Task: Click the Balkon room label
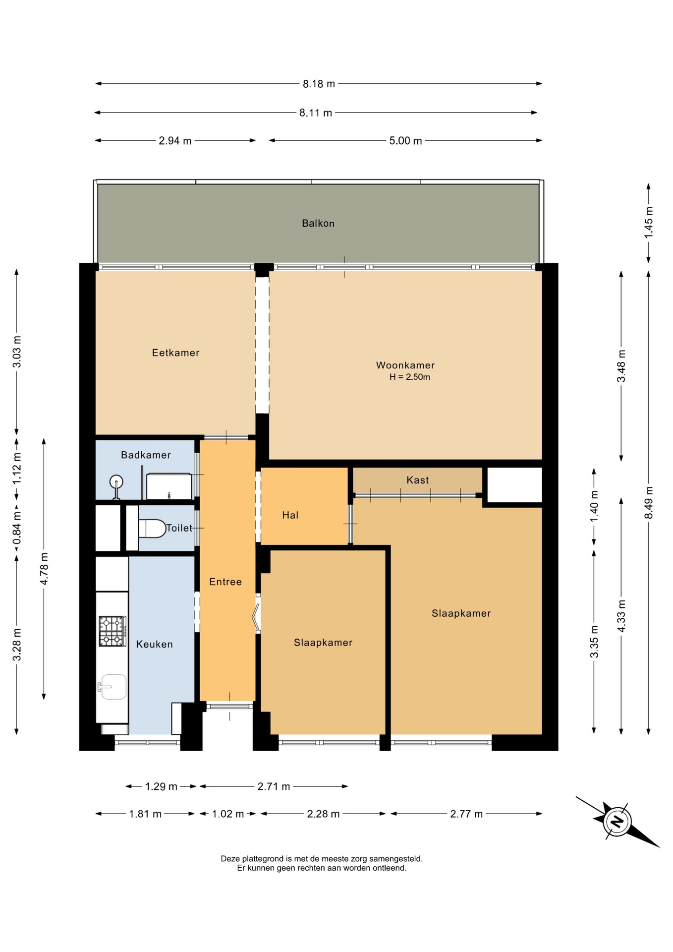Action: [318, 224]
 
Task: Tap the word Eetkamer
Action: [175, 353]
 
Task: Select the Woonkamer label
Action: [405, 365]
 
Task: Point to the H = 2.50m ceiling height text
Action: [409, 377]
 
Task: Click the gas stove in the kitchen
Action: [112, 631]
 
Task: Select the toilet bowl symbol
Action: [152, 529]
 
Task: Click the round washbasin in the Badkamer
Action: [116, 482]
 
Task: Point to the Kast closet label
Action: [417, 480]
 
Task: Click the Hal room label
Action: [290, 515]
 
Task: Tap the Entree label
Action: [225, 582]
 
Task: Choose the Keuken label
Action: [155, 645]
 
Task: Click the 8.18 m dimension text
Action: [319, 84]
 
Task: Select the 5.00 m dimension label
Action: [405, 141]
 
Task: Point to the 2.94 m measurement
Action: [175, 141]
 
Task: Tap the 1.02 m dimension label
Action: [228, 814]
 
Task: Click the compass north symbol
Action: [617, 822]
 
